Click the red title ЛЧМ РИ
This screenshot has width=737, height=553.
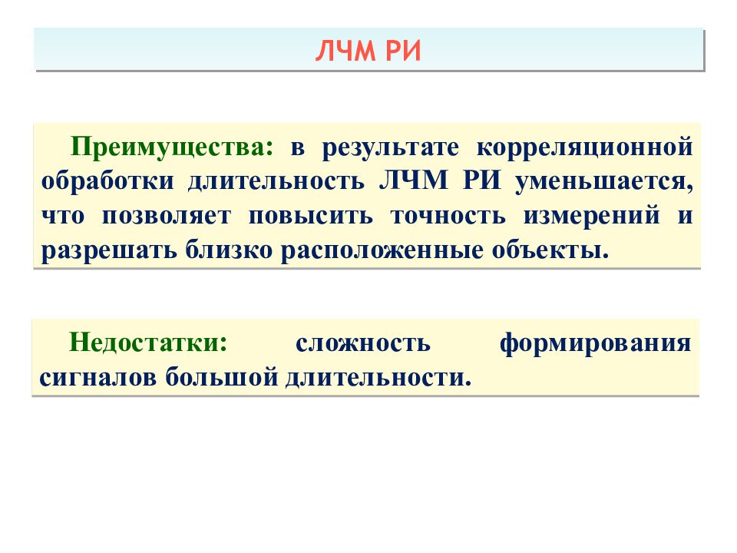[x=368, y=50]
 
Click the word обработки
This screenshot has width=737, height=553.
[x=103, y=181]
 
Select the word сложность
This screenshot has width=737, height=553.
[x=362, y=343]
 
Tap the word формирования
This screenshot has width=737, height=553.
[x=595, y=343]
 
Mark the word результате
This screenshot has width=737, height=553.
[x=389, y=146]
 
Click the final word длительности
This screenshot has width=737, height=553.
[x=376, y=377]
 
